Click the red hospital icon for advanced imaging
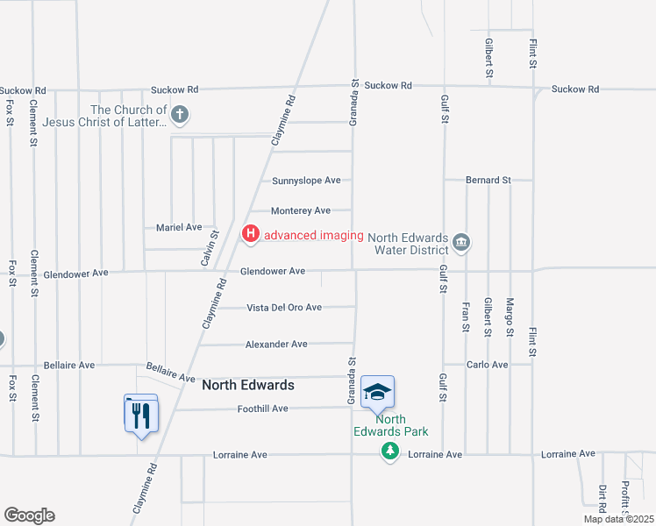coord(251,233)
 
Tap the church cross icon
coord(180,114)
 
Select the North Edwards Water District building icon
coord(463,241)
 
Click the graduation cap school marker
coord(377,392)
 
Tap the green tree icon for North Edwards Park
coord(389,451)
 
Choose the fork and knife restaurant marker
coord(141,414)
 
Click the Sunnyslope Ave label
coord(305,181)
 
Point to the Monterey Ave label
coord(301,210)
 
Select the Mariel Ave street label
coord(179,227)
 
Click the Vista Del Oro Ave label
coord(284,308)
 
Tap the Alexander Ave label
coord(276,345)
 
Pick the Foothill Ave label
coord(262,409)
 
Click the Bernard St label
coord(488,180)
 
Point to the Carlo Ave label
coord(488,364)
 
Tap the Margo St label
coord(510,317)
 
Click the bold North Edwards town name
coord(248,385)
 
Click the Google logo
coord(29,515)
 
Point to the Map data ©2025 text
coord(617,519)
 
